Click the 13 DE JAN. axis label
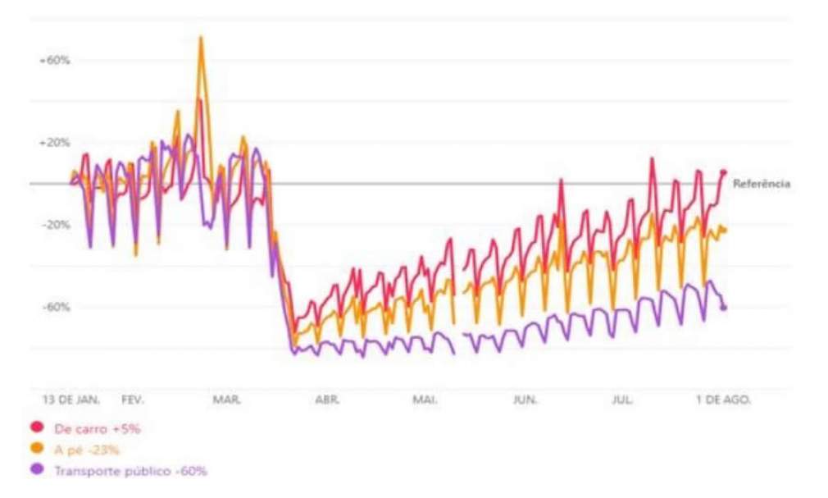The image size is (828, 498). [x=71, y=400]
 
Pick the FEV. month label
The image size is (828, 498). [x=133, y=400]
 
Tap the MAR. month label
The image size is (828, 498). [x=226, y=400]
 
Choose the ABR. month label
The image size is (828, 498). [x=327, y=400]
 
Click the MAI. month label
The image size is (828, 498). [x=425, y=400]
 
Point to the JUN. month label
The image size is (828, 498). [x=525, y=400]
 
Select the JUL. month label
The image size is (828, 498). [x=623, y=400]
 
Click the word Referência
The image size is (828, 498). [x=762, y=184]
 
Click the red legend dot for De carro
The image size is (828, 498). [x=36, y=427]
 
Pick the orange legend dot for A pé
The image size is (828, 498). [x=36, y=449]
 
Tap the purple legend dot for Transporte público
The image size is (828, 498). [x=36, y=470]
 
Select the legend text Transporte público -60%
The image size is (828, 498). [x=130, y=471]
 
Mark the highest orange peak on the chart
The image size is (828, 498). [x=200, y=38]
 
